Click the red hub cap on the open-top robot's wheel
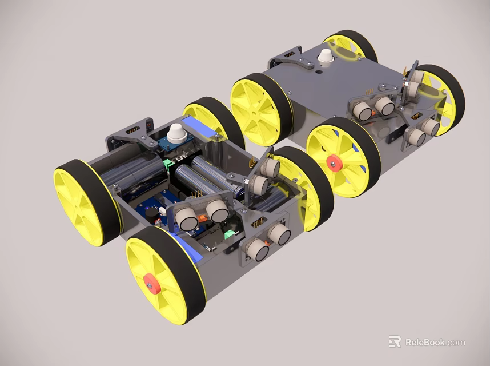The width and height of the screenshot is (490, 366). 152,284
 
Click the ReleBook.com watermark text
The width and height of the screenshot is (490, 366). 435,343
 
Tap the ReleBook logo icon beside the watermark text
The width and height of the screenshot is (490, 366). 395,342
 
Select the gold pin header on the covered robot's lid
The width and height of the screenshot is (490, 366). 370,91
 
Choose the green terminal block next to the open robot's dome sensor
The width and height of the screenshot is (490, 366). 168,165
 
